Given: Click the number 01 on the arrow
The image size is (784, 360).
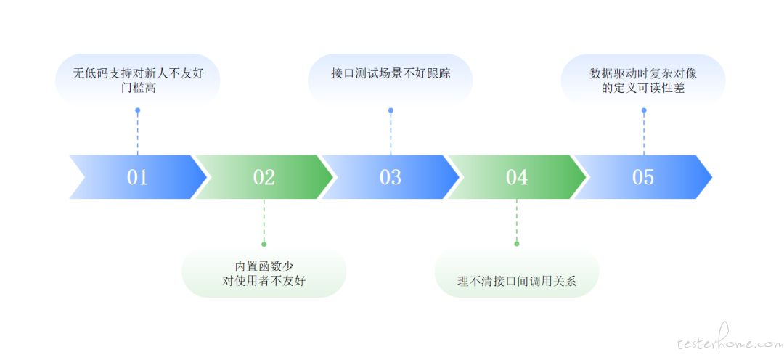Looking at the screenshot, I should tap(137, 177).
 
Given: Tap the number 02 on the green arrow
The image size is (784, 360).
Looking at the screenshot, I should tap(264, 177).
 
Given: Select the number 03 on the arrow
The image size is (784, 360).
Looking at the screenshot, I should tap(391, 177).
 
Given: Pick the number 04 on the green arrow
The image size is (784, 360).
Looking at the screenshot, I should tap(517, 177).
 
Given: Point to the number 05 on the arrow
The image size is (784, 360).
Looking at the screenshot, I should tap(643, 177).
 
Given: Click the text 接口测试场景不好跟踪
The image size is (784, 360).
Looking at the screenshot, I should tap(391, 73).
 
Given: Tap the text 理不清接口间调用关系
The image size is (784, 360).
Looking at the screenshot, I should tap(517, 282).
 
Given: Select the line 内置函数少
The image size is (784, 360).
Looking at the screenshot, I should tap(264, 266).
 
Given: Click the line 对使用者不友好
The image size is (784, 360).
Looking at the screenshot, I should tap(264, 282).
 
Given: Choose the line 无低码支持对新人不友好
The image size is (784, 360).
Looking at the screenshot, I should tap(137, 73).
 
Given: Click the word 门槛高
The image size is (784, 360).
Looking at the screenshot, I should tap(137, 89).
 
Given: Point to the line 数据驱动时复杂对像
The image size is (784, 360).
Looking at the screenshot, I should tap(643, 73).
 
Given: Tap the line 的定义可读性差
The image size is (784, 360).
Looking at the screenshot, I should tap(643, 89).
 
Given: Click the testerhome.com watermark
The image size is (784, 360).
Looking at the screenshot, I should tap(728, 343).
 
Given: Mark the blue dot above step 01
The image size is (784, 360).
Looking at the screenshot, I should tap(137, 110).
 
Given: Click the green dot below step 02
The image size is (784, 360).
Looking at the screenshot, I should tap(264, 244).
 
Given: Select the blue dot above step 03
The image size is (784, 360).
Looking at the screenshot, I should tap(391, 110).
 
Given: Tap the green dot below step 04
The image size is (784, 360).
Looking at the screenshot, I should tap(517, 244).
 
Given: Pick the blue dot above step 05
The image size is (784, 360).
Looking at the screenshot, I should tap(643, 110).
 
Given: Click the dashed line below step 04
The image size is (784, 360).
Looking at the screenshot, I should tap(517, 221).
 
